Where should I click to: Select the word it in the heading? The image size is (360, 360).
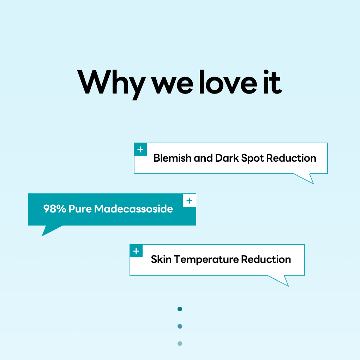pos(272,82)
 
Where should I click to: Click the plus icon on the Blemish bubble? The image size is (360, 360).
pos(140,149)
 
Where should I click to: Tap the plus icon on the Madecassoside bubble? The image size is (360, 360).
pos(190,200)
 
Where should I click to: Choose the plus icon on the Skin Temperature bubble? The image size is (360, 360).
pos(136,251)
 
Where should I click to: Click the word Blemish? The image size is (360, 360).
pos(173,158)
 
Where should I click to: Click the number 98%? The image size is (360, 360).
pos(55,209)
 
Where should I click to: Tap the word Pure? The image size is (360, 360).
pos(80,209)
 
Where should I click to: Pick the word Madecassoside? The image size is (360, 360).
pos(133,209)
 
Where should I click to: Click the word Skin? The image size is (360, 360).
pos(161,259)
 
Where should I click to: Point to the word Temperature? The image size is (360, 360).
pos(206,260)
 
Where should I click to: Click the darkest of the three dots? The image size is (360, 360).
pos(180,309)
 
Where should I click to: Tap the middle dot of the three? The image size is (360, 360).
pos(180,326)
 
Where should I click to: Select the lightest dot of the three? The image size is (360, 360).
pos(180,343)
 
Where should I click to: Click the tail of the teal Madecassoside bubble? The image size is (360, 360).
pos(49,230)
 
